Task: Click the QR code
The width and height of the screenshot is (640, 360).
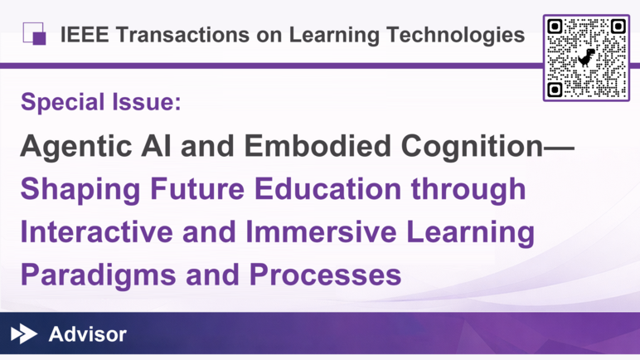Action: click(586, 57)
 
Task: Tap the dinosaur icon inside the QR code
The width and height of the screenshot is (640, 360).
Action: click(586, 57)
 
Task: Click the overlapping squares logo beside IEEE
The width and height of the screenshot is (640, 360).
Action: click(34, 33)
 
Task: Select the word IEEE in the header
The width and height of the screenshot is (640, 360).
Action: click(85, 34)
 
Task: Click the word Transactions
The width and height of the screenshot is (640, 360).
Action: click(182, 34)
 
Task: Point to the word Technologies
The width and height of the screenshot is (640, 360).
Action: click(455, 35)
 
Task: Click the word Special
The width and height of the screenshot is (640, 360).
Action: click(62, 102)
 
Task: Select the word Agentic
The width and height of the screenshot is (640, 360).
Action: click(76, 147)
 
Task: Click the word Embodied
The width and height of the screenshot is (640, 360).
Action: click(318, 145)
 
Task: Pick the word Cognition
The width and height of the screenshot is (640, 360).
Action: click(472, 146)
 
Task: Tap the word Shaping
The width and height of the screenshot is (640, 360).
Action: click(80, 190)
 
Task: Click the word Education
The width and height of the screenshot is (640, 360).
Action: click(327, 189)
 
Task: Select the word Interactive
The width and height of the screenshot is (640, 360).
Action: click(97, 231)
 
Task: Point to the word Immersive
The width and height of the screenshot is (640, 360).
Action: click(321, 231)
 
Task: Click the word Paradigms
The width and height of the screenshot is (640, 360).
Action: click(99, 276)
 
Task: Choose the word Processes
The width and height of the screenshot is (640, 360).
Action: click(325, 275)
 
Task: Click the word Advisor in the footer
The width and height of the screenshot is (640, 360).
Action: click(87, 334)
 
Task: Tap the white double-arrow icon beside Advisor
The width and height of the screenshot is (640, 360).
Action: click(24, 333)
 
